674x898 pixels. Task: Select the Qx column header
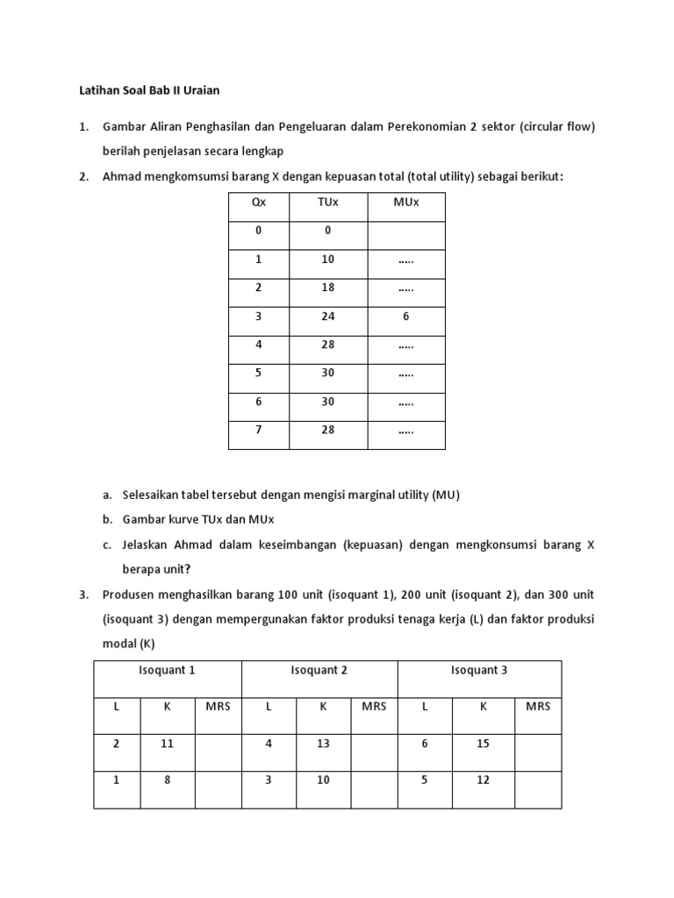click(x=258, y=203)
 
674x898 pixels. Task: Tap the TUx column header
click(x=327, y=203)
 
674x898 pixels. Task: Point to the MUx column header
click(x=405, y=203)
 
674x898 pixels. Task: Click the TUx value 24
click(x=327, y=317)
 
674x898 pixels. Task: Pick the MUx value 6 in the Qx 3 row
click(x=405, y=317)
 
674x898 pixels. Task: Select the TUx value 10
click(x=327, y=260)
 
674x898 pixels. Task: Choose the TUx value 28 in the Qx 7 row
click(x=327, y=431)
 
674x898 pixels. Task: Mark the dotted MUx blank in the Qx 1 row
click(x=405, y=260)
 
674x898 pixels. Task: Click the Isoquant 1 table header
click(x=167, y=670)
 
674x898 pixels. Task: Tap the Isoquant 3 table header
click(x=479, y=670)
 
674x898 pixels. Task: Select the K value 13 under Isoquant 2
click(x=323, y=743)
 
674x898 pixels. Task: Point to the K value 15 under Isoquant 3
click(x=483, y=743)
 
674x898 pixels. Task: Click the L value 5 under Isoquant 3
click(x=425, y=780)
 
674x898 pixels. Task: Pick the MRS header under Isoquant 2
click(x=374, y=706)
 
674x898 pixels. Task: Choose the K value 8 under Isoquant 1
click(x=167, y=780)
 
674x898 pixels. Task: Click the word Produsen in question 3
click(x=129, y=595)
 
